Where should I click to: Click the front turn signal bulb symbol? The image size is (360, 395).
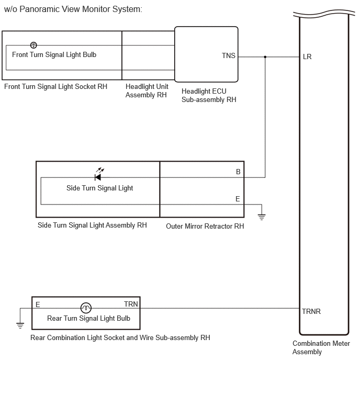[33, 45]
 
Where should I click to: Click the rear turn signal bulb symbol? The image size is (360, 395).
[86, 308]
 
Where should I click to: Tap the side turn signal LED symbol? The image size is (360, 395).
[99, 174]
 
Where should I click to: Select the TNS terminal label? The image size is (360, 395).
[229, 55]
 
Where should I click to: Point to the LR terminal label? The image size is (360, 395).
[307, 57]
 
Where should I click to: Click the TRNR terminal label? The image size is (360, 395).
[311, 312]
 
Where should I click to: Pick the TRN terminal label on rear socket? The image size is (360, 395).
[131, 304]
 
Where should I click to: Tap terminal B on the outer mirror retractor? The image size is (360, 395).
[238, 172]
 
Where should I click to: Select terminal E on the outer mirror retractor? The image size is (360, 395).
[238, 199]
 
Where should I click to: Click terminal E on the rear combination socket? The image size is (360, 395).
[38, 304]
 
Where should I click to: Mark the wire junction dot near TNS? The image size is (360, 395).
[265, 57]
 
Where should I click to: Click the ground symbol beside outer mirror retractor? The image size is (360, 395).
[262, 217]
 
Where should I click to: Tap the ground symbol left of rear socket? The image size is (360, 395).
[20, 325]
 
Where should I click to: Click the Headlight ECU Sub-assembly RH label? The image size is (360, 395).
[209, 95]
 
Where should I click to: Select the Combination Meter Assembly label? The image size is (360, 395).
[321, 347]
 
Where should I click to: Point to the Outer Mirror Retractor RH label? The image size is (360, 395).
[205, 226]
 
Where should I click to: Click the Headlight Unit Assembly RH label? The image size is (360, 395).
[147, 91]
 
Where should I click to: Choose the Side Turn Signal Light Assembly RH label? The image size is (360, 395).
[92, 225]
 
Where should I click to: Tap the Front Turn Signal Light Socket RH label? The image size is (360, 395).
[55, 87]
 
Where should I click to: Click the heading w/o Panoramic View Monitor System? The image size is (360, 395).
[73, 9]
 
